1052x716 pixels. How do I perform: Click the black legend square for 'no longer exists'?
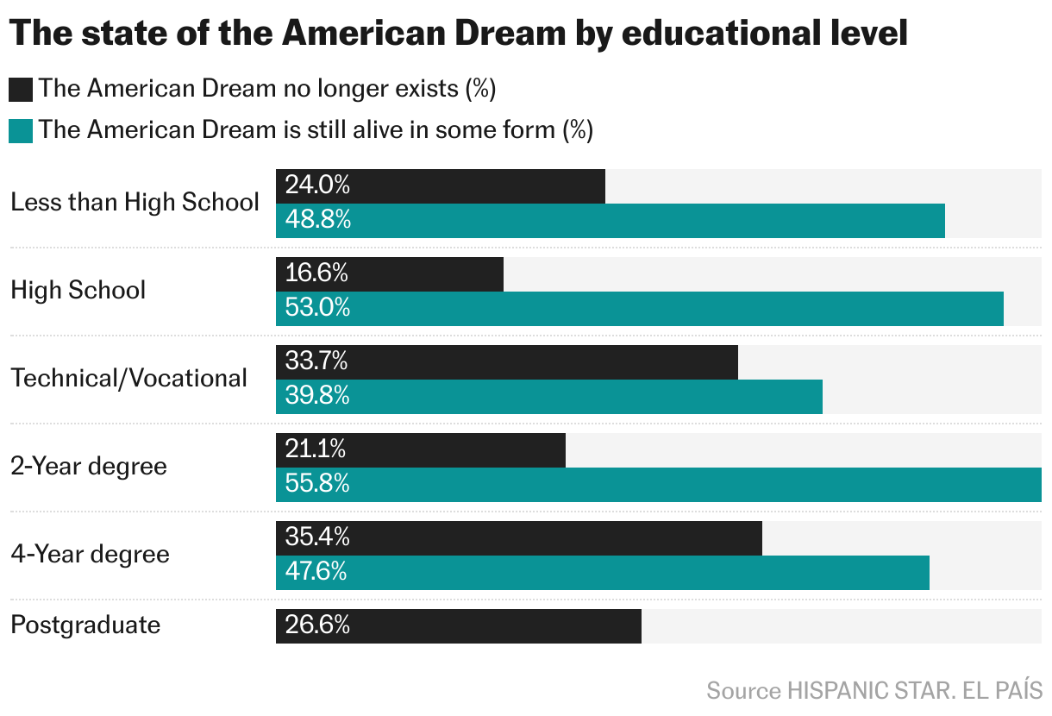pyautogui.click(x=21, y=89)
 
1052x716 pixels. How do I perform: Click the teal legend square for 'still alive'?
pyautogui.click(x=21, y=130)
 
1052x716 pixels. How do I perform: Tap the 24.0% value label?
pyautogui.click(x=317, y=185)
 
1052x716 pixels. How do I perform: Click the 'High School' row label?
pyautogui.click(x=78, y=290)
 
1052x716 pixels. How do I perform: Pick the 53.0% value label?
pyautogui.click(x=317, y=308)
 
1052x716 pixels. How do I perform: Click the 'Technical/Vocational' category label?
pyautogui.click(x=129, y=378)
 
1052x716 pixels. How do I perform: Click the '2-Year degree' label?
pyautogui.click(x=89, y=466)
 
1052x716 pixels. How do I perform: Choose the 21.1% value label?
pyautogui.click(x=316, y=449)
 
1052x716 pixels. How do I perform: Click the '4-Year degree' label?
pyautogui.click(x=90, y=554)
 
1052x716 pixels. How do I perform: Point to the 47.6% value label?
pyautogui.click(x=316, y=572)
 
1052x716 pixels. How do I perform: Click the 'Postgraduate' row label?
pyautogui.click(x=85, y=625)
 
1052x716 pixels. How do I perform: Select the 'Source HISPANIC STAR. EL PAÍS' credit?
pyautogui.click(x=874, y=690)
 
